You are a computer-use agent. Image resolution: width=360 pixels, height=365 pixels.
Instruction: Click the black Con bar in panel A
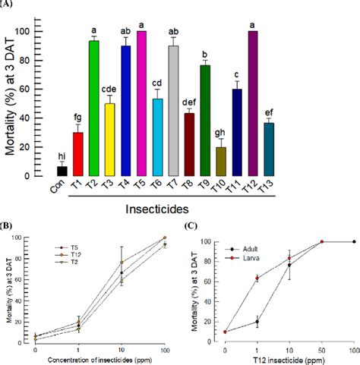[62, 171]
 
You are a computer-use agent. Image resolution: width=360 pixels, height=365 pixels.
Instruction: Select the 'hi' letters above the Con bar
[62, 155]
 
